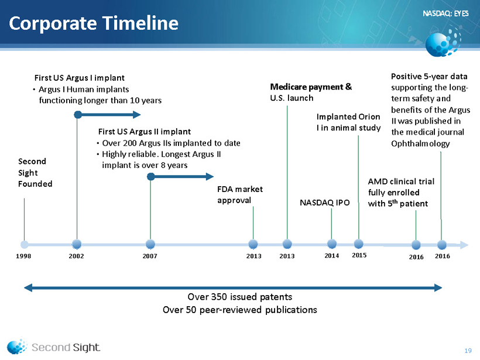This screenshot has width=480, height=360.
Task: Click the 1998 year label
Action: pos(23,256)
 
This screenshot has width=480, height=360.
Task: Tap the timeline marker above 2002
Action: pos(77,244)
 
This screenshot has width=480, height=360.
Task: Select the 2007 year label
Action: pos(150,256)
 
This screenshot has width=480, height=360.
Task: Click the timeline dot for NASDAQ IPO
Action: pos(332,244)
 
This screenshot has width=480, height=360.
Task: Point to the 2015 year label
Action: pos(359,255)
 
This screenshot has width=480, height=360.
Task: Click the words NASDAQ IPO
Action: pos(324,203)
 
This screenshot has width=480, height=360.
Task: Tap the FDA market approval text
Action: pos(240,195)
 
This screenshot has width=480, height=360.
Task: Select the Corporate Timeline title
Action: pos(94,23)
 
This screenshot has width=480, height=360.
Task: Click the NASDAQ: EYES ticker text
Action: pos(445,13)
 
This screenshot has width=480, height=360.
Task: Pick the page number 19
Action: pos(468,351)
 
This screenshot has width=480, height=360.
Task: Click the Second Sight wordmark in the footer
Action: pos(66,348)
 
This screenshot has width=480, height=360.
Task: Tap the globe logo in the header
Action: pos(443,42)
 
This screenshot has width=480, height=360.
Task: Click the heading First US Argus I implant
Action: pos(79,78)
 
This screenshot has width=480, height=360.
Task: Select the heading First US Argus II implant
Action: pos(145,132)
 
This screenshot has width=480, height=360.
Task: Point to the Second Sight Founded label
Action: pos(35,173)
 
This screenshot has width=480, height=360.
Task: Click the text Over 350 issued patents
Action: pos(240,297)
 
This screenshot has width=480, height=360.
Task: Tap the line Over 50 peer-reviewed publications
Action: pos(240,310)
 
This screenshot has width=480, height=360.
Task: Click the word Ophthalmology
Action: pos(420,143)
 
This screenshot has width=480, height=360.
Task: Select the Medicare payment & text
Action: pos(311,87)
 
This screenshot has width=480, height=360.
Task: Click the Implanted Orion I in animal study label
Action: pos(348,122)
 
